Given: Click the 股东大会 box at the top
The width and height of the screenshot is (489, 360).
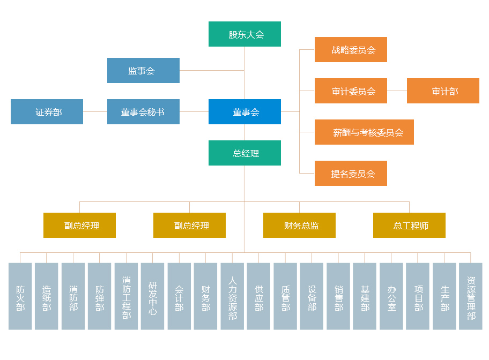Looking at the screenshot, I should pos(244,34).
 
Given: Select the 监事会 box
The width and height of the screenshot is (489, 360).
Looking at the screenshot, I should pos(143,71).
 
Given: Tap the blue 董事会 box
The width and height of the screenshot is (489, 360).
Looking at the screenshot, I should pos(244,112).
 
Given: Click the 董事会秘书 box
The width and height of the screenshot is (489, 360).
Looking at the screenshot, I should pos(143,112).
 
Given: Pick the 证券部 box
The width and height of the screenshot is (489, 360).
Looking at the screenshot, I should pos(47,112).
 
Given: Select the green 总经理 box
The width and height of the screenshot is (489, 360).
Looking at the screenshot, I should pos(244,153).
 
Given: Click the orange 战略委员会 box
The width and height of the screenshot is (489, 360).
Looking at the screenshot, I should pos(351,50).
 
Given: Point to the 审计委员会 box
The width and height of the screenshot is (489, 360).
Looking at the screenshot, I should pos(351,91).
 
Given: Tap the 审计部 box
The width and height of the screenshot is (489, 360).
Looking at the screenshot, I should pos(443,91).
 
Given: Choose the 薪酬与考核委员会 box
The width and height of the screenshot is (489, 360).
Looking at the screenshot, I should pos(364,132).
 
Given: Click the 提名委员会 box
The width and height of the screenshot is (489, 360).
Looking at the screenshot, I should pos(351,174).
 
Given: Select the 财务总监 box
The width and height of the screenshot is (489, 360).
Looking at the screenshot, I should pos(299,226).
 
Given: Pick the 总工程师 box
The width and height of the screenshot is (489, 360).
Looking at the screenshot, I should pos(409,226).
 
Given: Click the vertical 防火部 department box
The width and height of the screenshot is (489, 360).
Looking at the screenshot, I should pos(20,296).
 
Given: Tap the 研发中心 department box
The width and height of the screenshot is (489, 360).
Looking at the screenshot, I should pos(153,296).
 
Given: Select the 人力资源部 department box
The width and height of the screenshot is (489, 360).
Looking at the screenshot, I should pos(232,296).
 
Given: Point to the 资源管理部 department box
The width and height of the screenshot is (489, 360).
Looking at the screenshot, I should pos(471,296).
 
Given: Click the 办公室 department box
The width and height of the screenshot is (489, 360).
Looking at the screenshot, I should pos(391,296).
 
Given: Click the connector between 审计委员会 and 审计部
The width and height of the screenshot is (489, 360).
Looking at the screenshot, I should pos(397,91).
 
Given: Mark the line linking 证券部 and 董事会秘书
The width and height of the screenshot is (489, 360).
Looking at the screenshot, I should pos(95,112).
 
